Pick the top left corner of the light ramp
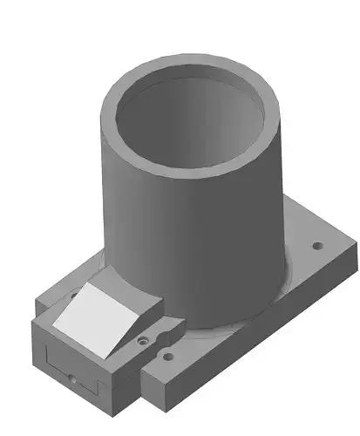[85, 285]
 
